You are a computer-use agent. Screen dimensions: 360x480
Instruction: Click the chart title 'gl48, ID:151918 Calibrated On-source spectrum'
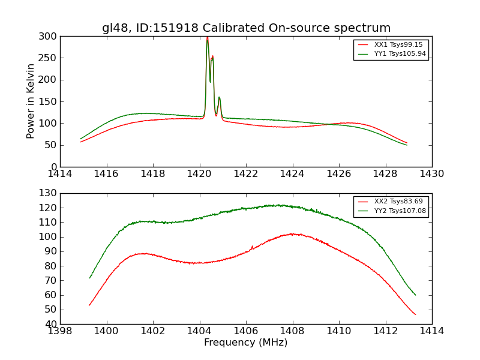(x=246, y=28)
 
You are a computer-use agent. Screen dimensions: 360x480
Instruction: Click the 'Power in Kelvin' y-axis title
(x=31, y=101)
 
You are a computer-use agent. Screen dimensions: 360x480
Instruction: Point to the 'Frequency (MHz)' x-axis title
(x=245, y=343)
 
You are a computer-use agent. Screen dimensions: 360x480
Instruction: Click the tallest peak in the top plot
(x=208, y=38)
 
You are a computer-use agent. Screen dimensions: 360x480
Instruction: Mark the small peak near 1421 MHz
(x=219, y=97)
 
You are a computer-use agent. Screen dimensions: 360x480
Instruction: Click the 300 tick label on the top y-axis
(x=49, y=37)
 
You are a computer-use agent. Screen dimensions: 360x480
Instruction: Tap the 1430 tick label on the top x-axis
(x=431, y=174)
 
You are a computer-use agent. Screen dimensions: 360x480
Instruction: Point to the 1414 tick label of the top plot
(x=60, y=174)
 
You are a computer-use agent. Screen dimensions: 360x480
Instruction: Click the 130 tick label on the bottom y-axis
(x=49, y=193)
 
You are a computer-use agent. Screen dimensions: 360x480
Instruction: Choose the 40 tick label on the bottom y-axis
(x=52, y=324)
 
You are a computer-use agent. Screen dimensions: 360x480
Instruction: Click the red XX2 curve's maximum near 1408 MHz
(x=292, y=233)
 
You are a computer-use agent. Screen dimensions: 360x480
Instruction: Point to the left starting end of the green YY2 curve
(x=89, y=278)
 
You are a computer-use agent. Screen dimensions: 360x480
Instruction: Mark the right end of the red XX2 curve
(x=415, y=314)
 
